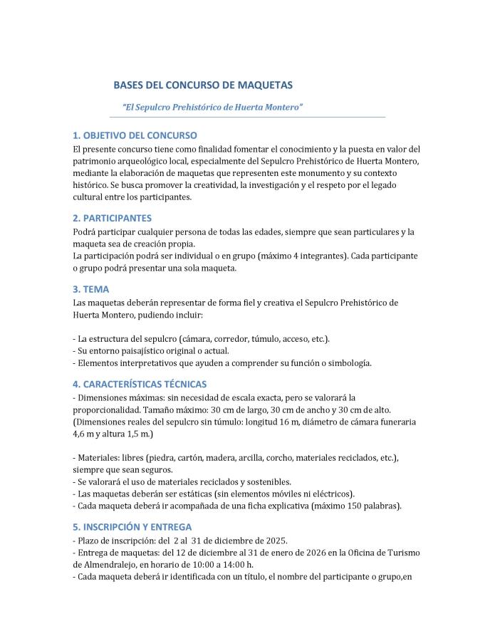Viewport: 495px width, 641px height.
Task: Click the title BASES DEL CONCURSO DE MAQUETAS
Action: point(203,85)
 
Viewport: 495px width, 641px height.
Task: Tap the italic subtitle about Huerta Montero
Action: point(213,106)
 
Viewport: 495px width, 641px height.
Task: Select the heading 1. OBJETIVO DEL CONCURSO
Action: point(135,135)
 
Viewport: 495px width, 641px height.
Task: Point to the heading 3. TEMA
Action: point(91,289)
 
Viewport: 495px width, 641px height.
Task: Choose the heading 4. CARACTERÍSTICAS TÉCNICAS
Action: point(140,384)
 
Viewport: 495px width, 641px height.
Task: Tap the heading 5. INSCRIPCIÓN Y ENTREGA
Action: point(132,527)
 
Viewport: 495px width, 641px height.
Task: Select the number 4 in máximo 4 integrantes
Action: point(296,255)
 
